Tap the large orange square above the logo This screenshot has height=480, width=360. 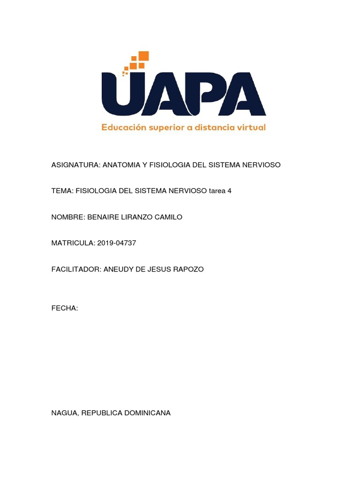click(143, 56)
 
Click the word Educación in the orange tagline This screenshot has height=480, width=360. click(124, 127)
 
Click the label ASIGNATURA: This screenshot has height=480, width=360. click(75, 165)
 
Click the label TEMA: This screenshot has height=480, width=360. click(62, 191)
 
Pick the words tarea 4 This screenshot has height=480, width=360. click(220, 191)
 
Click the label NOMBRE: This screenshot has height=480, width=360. click(68, 217)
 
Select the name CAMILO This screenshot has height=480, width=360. click(169, 217)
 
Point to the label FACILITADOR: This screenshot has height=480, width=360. click(75, 269)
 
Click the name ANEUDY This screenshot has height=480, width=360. click(117, 269)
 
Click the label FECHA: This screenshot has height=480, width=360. click(64, 308)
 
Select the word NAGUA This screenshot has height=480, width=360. click(65, 413)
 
